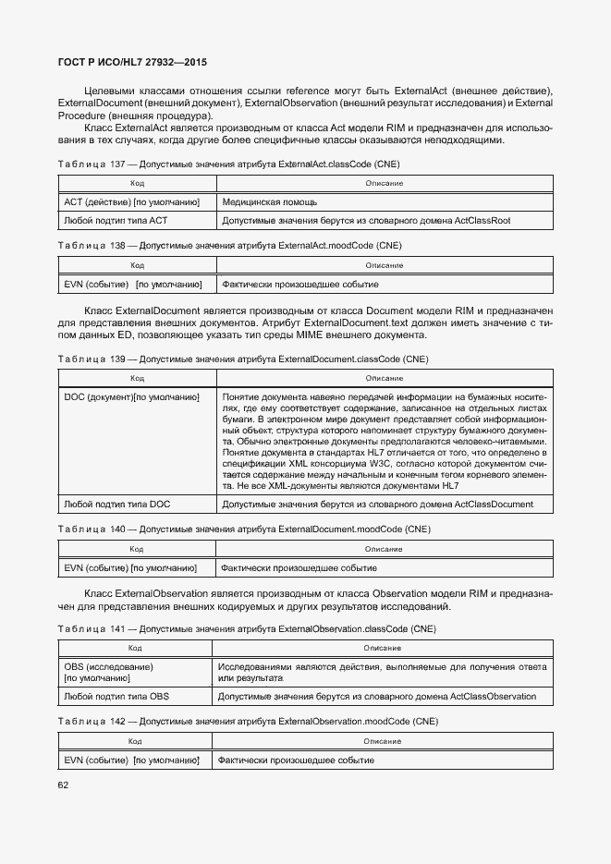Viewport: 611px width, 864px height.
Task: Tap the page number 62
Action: point(64,785)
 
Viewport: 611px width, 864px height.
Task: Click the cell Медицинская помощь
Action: point(269,201)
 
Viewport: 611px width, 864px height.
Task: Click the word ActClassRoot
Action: point(482,221)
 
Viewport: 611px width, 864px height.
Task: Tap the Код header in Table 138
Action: point(137,266)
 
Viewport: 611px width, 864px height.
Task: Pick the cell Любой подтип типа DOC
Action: point(116,505)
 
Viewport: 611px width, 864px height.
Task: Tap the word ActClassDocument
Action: point(494,505)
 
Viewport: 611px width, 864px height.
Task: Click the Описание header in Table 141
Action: point(382,648)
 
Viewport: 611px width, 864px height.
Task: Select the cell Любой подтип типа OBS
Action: point(116,696)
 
